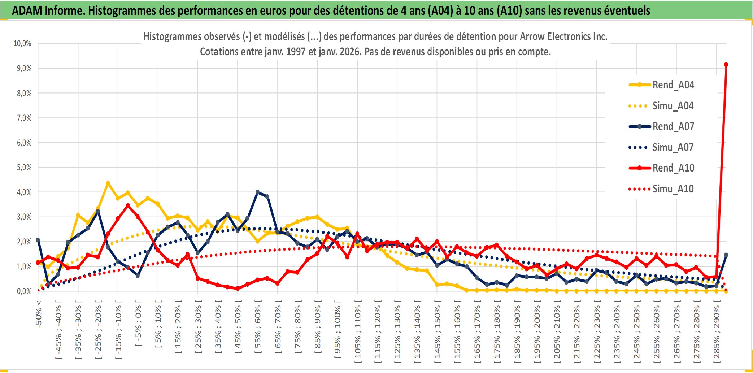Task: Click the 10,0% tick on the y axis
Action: click(x=22, y=44)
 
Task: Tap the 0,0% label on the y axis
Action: click(x=24, y=291)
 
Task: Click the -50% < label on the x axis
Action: click(x=39, y=314)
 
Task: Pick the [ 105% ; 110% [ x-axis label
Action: click(x=357, y=331)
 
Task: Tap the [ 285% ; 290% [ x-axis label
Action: click(x=717, y=331)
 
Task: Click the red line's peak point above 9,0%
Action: click(x=726, y=65)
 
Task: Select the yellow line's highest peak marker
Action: click(x=108, y=183)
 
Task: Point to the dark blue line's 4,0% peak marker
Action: click(x=257, y=192)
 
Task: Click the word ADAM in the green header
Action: click(x=27, y=11)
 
